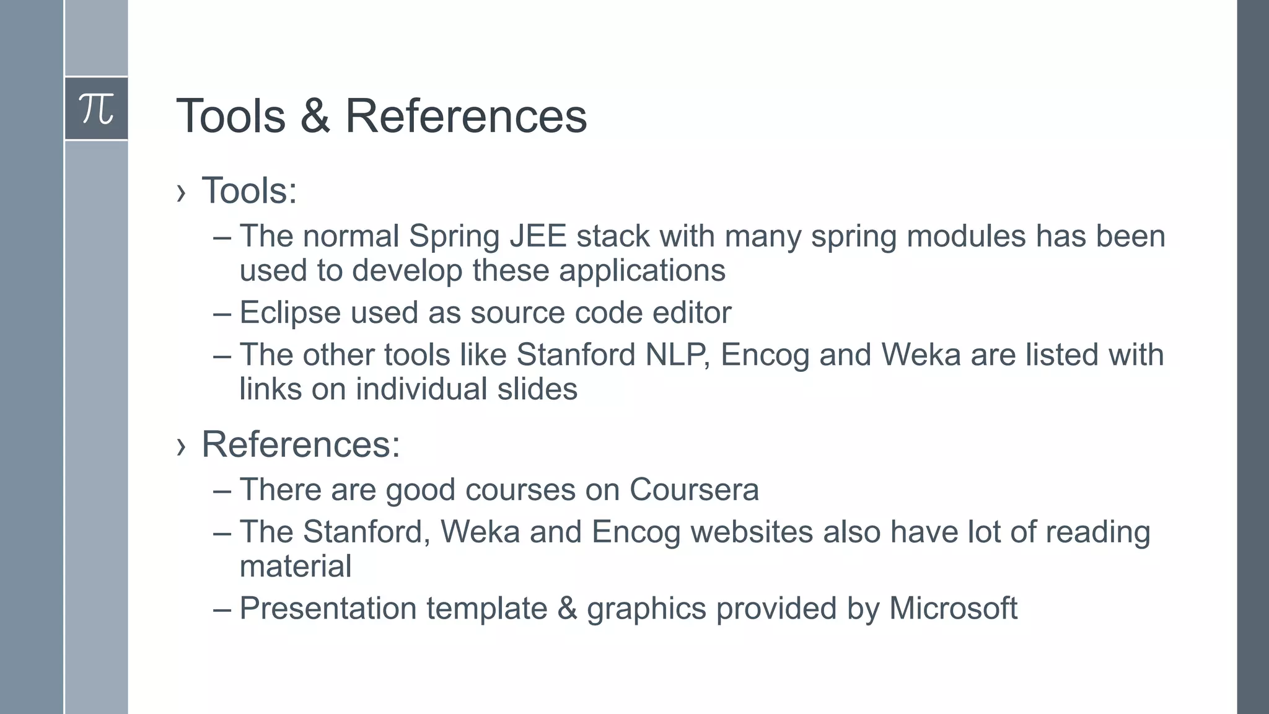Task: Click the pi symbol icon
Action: pyautogui.click(x=97, y=108)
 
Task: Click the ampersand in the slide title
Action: pyautogui.click(x=315, y=116)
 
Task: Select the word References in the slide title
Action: pyautogui.click(x=465, y=116)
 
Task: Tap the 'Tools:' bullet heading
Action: pyautogui.click(x=249, y=190)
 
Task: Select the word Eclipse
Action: pyautogui.click(x=290, y=312)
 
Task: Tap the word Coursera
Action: pyautogui.click(x=694, y=490)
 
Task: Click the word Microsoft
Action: pyautogui.click(x=953, y=608)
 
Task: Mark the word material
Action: pyautogui.click(x=296, y=566)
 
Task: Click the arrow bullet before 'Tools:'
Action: pyautogui.click(x=181, y=193)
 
